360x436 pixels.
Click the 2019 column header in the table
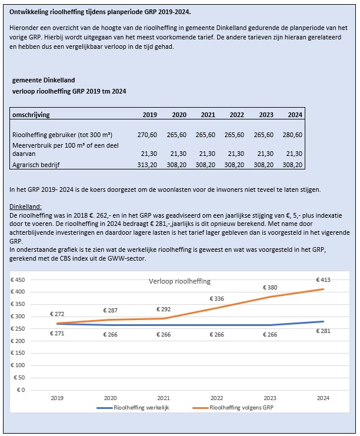click(x=150, y=115)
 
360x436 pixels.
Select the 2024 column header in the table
click(x=295, y=115)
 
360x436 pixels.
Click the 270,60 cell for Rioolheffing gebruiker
click(x=147, y=135)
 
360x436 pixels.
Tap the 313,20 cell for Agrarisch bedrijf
click(x=147, y=165)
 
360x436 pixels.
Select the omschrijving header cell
click(x=33, y=115)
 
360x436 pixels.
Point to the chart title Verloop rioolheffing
click(x=179, y=281)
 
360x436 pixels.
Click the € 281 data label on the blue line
click(x=323, y=331)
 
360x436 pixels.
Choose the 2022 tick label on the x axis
click(x=217, y=398)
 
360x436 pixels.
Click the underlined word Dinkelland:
click(x=26, y=207)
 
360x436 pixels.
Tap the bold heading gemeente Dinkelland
click(x=44, y=80)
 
